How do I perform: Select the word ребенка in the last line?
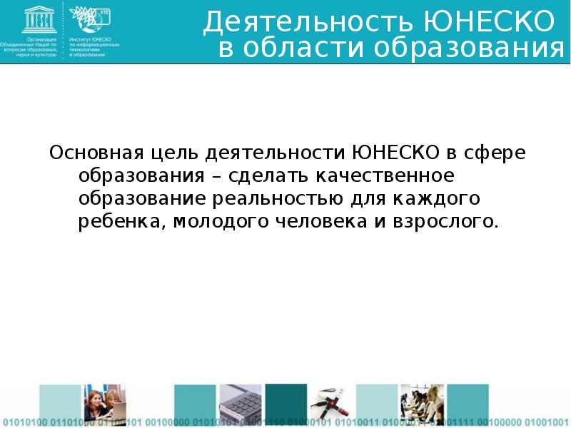point(121,221)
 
